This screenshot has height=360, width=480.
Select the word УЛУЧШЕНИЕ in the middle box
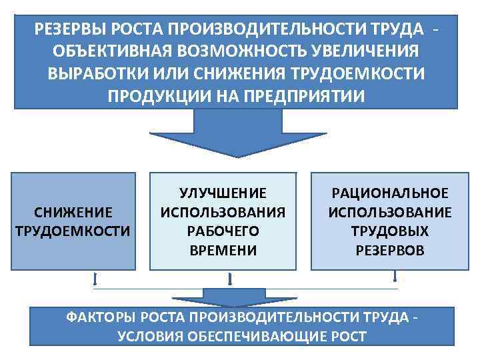point(223,193)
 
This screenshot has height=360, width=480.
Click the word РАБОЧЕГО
point(223,231)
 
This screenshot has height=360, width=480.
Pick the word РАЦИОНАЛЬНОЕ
point(390,193)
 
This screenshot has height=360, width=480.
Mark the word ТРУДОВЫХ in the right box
point(390,231)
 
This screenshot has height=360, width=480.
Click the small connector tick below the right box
point(396,277)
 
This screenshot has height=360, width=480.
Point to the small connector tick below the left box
point(95,279)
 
